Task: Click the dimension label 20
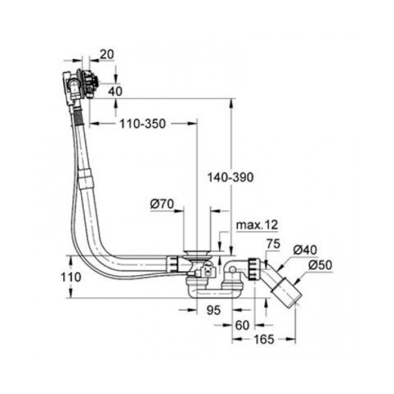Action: [x=107, y=54]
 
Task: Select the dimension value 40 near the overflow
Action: [x=115, y=91]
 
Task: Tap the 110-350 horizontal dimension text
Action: [x=142, y=124]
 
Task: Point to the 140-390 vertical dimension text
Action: [x=230, y=178]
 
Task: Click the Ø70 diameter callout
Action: [x=162, y=204]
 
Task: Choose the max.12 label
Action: [x=257, y=225]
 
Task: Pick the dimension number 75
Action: [x=273, y=243]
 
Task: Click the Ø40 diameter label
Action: [x=305, y=250]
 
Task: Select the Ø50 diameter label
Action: [x=320, y=265]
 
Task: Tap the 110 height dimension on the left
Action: [x=71, y=277]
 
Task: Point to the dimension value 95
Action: [x=214, y=310]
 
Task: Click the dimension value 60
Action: [x=242, y=325]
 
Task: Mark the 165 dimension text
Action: [x=264, y=339]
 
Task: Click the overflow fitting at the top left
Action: [x=80, y=85]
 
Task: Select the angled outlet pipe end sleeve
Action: [x=286, y=291]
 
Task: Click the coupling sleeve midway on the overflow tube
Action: [x=87, y=179]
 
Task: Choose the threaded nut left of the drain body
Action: [x=172, y=264]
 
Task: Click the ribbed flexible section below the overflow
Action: [x=78, y=115]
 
